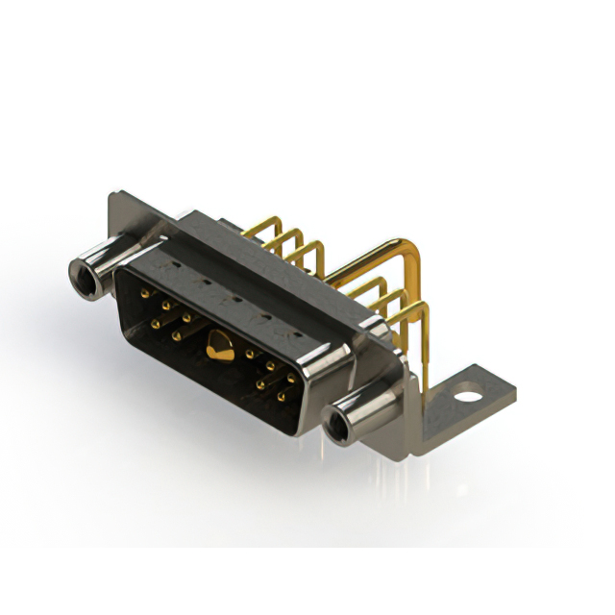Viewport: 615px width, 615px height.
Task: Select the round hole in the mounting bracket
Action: (466, 392)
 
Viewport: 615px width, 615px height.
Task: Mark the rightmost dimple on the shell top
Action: (295, 335)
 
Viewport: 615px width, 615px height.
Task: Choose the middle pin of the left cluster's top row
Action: (165, 306)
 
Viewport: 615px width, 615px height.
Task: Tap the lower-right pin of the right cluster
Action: (280, 395)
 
